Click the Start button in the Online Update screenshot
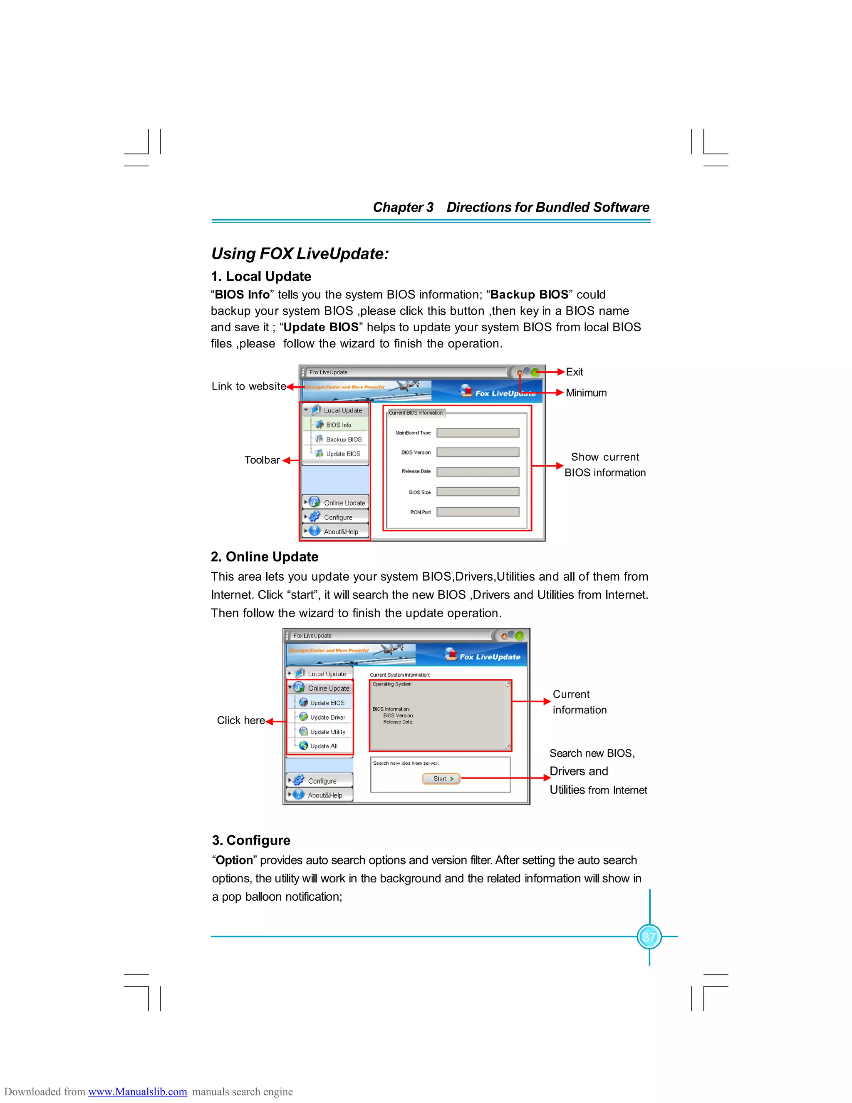click(x=441, y=779)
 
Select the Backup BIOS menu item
click(x=343, y=440)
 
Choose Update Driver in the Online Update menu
click(x=327, y=717)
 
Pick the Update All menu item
click(x=324, y=746)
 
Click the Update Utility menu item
click(x=327, y=732)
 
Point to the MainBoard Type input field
click(x=478, y=433)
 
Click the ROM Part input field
click(x=478, y=512)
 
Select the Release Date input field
click(x=478, y=472)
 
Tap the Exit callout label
click(x=575, y=372)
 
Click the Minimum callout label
click(x=586, y=393)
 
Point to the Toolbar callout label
click(x=261, y=460)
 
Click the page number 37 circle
click(x=649, y=937)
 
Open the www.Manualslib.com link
click(x=137, y=1092)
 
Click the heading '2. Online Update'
click(x=265, y=556)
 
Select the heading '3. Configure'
click(x=251, y=840)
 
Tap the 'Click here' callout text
click(x=241, y=720)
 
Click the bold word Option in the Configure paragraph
click(x=234, y=861)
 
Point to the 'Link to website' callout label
click(x=249, y=386)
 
